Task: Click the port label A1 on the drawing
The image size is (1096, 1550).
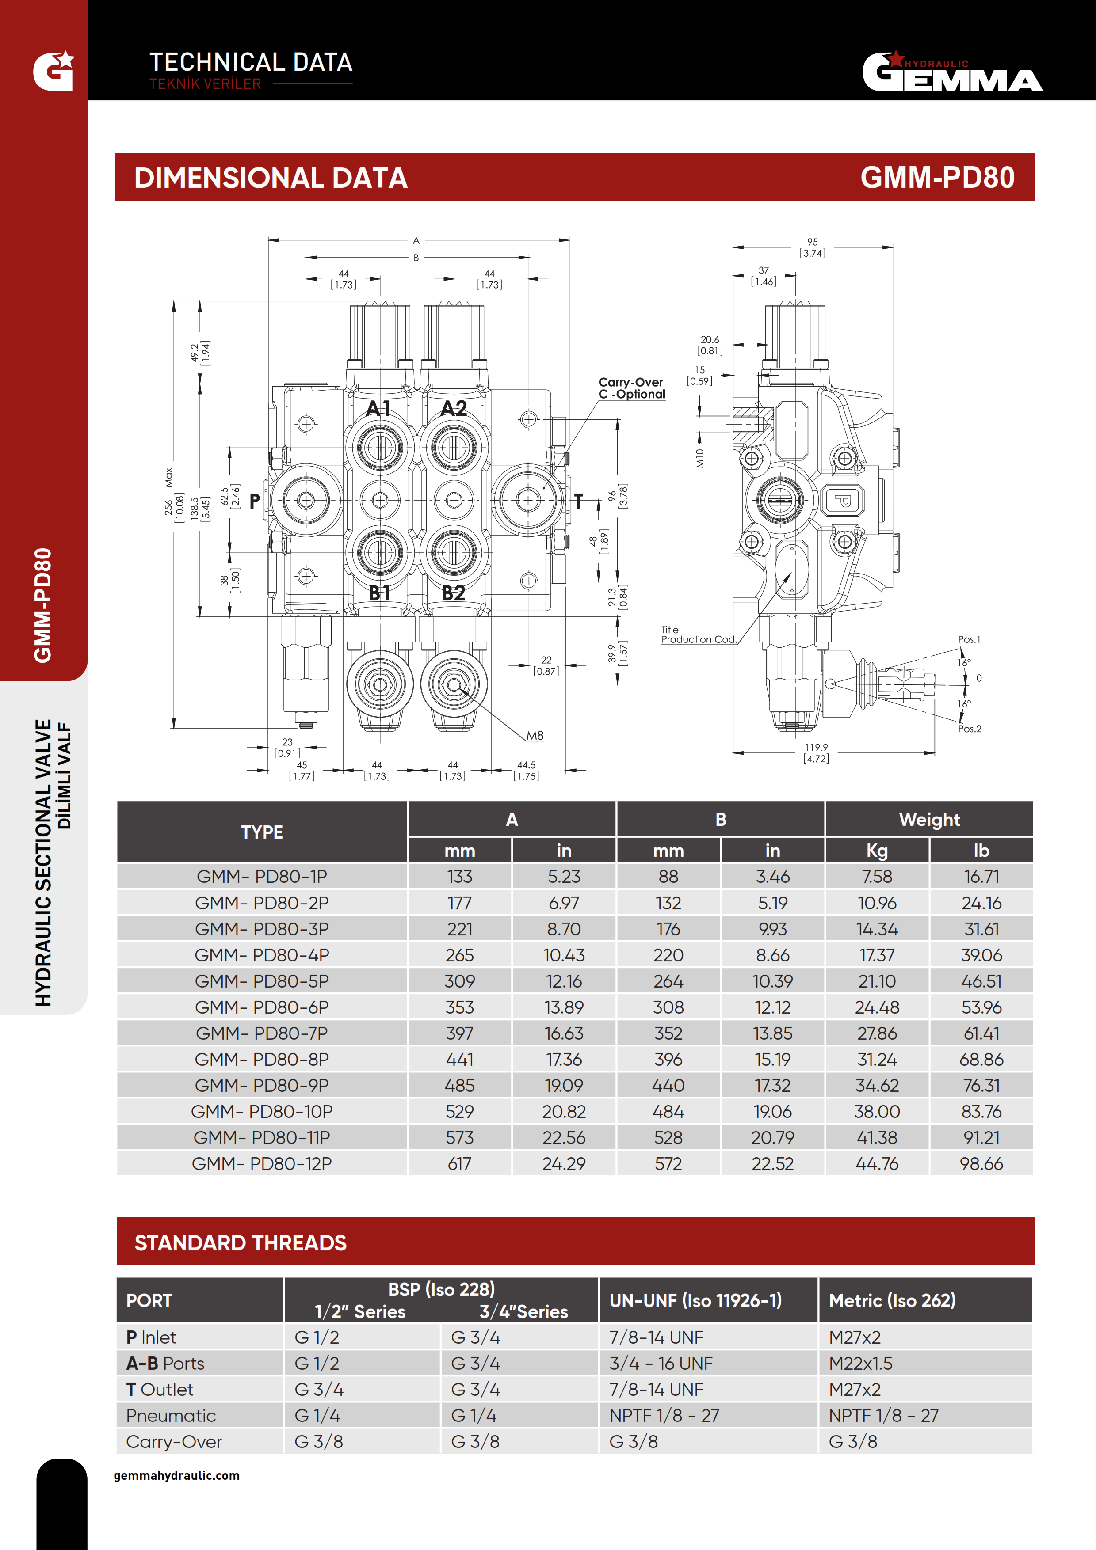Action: coord(378,408)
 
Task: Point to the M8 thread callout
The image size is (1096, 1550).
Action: coord(535,735)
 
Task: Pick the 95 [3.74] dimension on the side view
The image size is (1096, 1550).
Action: coord(812,247)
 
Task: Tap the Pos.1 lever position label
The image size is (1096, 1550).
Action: coord(969,639)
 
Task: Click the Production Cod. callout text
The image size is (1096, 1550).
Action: coord(698,639)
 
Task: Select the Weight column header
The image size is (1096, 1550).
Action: coord(929,820)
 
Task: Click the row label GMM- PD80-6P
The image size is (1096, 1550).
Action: coord(262,1007)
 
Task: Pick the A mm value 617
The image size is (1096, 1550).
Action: coord(460,1164)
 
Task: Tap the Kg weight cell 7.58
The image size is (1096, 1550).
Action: coord(877,876)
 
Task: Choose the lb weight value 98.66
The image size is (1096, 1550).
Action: coord(981,1164)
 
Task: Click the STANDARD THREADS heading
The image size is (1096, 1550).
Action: coord(241,1243)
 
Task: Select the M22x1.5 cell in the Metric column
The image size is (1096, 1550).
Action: coord(860,1364)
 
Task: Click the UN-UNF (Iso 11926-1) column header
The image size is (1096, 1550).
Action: coord(695,1301)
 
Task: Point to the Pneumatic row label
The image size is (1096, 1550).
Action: coord(171,1416)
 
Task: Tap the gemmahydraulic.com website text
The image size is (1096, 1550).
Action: coord(176,1476)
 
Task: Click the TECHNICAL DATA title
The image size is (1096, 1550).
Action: coord(251,62)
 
